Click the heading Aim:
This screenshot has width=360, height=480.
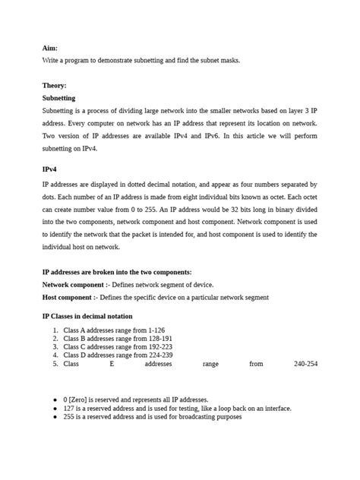pyautogui.click(x=49, y=47)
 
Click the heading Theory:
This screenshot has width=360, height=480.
pyautogui.click(x=54, y=86)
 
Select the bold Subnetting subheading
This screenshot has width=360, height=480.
pyautogui.click(x=58, y=98)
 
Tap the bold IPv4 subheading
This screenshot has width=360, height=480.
pyautogui.click(x=49, y=171)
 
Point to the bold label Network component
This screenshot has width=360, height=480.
pyautogui.click(x=74, y=284)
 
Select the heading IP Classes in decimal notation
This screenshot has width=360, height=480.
pyautogui.click(x=87, y=316)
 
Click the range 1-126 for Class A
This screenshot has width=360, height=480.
pyautogui.click(x=156, y=330)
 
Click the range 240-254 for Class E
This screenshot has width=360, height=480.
pyautogui.click(x=305, y=364)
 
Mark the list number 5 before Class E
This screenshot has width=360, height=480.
pyautogui.click(x=55, y=364)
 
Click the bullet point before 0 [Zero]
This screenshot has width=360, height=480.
pyautogui.click(x=55, y=399)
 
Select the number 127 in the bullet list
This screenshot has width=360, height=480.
pyautogui.click(x=70, y=408)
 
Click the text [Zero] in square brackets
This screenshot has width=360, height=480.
pyautogui.click(x=80, y=399)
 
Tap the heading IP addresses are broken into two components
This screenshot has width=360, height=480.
pyautogui.click(x=116, y=272)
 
